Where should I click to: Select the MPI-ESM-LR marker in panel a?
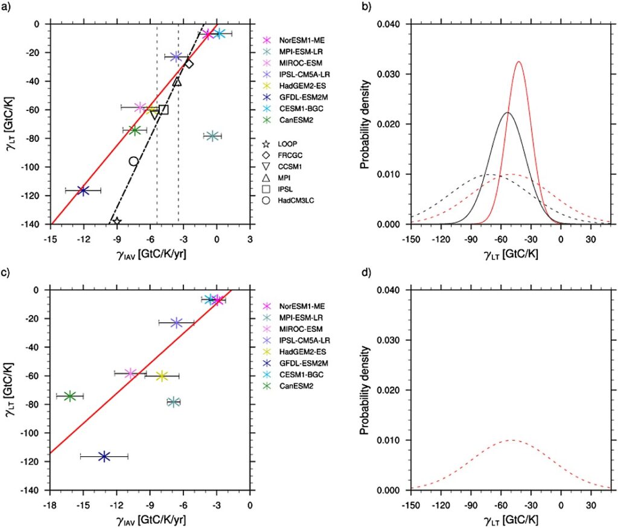(212, 136)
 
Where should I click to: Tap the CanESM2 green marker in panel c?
(70, 396)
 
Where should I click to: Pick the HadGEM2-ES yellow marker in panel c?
(162, 375)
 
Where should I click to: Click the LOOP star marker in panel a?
(116, 222)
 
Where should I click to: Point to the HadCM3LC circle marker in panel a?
(133, 161)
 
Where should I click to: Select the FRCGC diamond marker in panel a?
(188, 63)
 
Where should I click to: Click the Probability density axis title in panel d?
(364, 390)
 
